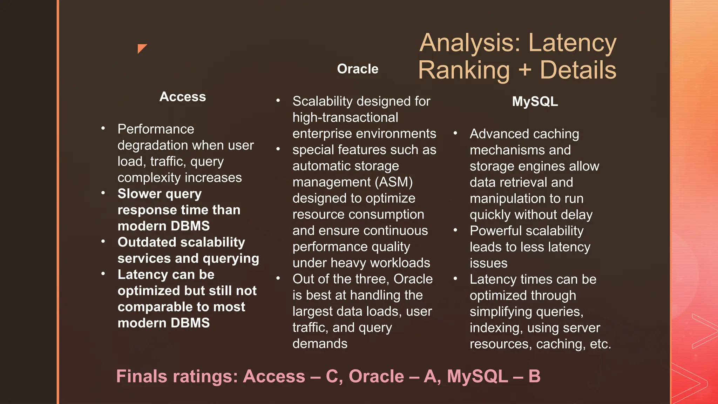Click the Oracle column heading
click(x=358, y=69)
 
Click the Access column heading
click(x=183, y=97)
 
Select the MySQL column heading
click(x=535, y=102)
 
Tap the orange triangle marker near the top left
click(x=142, y=48)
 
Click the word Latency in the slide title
click(x=572, y=43)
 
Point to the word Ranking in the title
click(x=464, y=70)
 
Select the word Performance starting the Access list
click(x=156, y=129)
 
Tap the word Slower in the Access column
click(x=139, y=194)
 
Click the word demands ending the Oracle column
click(x=320, y=344)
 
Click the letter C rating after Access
click(x=332, y=376)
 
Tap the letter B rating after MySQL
click(x=534, y=376)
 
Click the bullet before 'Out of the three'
click(x=278, y=278)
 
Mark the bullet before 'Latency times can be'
click(x=455, y=279)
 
